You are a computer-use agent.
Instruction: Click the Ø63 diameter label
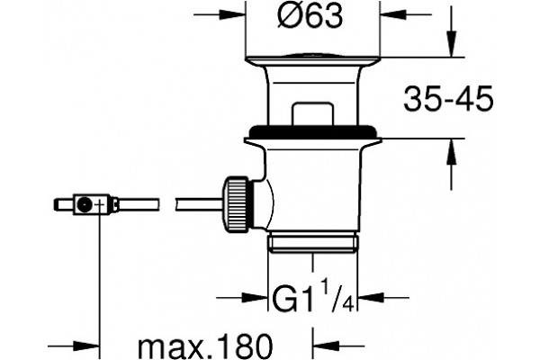coord(310,15)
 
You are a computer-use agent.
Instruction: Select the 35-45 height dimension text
coord(448,99)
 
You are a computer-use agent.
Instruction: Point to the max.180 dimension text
coord(205,346)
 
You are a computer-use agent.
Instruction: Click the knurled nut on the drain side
coord(236,204)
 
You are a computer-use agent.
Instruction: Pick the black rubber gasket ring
coord(312,131)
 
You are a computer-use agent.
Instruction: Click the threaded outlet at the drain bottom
coord(312,243)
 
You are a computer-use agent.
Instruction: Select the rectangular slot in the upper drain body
coord(312,113)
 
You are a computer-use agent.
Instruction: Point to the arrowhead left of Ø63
coord(232,14)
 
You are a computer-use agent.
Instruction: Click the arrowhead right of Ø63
coord(392,14)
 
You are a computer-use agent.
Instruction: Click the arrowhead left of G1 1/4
coord(255,297)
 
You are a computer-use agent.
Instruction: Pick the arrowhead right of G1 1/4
coord(371,297)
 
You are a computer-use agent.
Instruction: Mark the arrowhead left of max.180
coord(86,346)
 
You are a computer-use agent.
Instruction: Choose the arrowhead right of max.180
coord(326,346)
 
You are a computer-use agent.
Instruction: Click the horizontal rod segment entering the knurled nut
coord(200,204)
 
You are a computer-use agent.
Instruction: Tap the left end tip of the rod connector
coord(55,204)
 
